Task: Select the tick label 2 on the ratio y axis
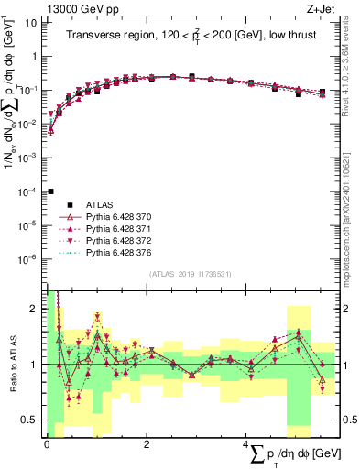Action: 33,309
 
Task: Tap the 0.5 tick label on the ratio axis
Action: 28,420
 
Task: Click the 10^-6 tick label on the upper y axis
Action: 27,259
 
